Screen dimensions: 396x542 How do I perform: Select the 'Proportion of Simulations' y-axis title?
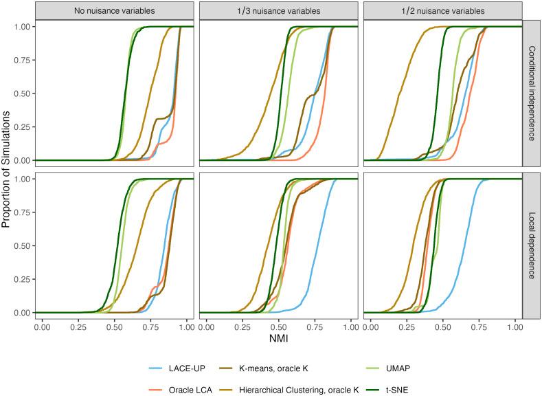[x=7, y=168]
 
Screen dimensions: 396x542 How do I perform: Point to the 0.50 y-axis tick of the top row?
[x=22, y=93]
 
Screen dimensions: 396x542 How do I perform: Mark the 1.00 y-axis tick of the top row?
[x=22, y=27]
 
